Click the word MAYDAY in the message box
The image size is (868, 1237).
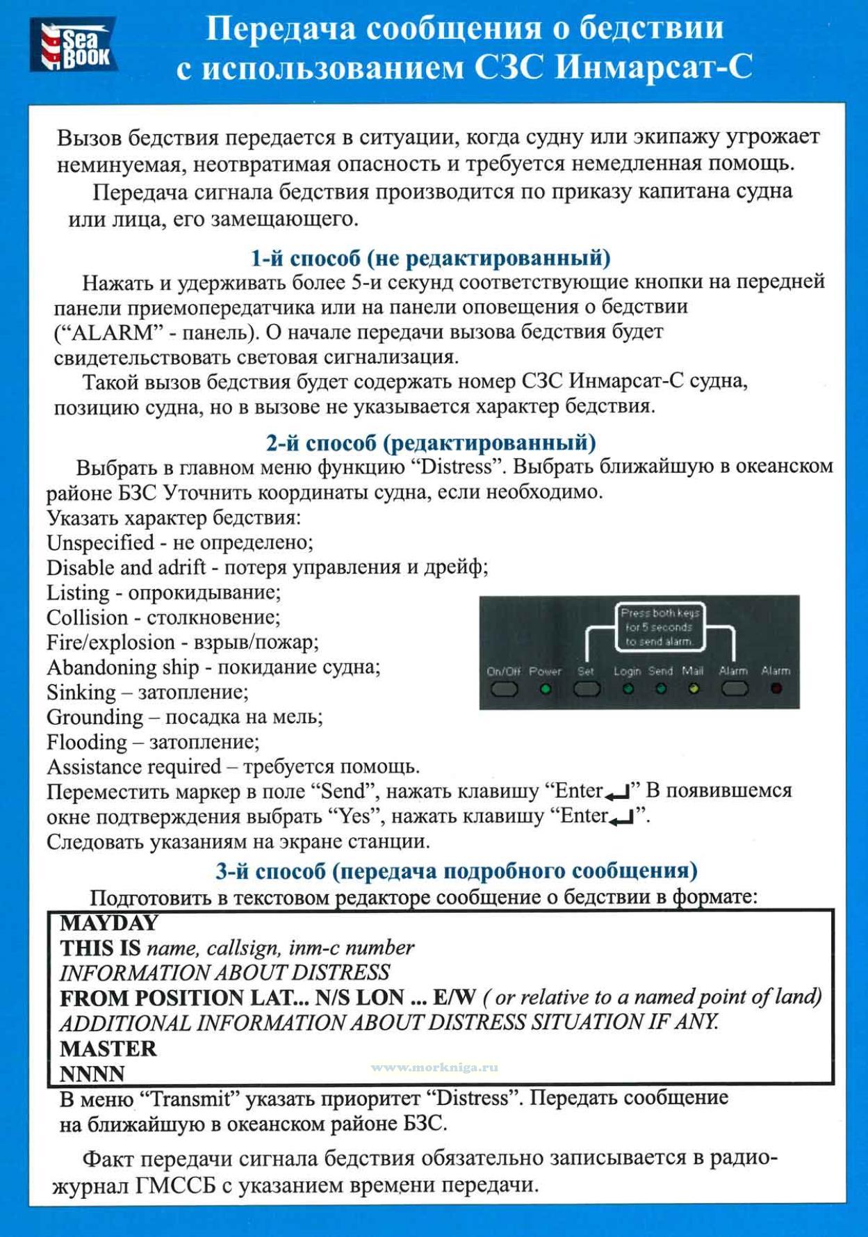[109, 923]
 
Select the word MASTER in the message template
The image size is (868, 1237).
[108, 1048]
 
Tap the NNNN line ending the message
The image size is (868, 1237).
[92, 1074]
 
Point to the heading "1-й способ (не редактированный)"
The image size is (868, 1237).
[430, 258]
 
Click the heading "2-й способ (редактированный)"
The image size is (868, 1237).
[430, 442]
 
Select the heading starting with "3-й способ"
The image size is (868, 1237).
[456, 871]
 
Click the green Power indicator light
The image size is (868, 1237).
[546, 689]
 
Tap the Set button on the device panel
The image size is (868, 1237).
[586, 688]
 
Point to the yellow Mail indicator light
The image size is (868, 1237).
[693, 689]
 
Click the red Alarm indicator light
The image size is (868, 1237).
[776, 688]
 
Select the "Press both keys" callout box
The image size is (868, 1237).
[660, 627]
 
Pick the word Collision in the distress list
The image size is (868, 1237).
[88, 617]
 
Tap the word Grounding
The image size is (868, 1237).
[95, 717]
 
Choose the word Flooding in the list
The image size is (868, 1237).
[87, 742]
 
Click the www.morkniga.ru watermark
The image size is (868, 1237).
[434, 1067]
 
